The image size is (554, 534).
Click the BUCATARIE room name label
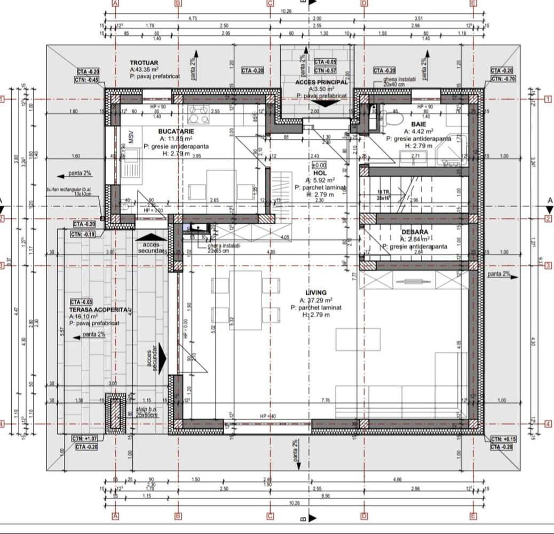176,131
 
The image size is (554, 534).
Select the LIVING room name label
316,293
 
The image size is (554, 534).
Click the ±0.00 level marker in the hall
319,166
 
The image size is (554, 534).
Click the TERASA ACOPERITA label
98,309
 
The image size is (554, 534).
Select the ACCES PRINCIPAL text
322,82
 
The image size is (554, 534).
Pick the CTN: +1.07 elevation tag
85,438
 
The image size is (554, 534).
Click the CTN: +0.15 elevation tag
502,439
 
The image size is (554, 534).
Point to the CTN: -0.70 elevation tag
502,78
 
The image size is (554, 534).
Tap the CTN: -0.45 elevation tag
87,80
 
